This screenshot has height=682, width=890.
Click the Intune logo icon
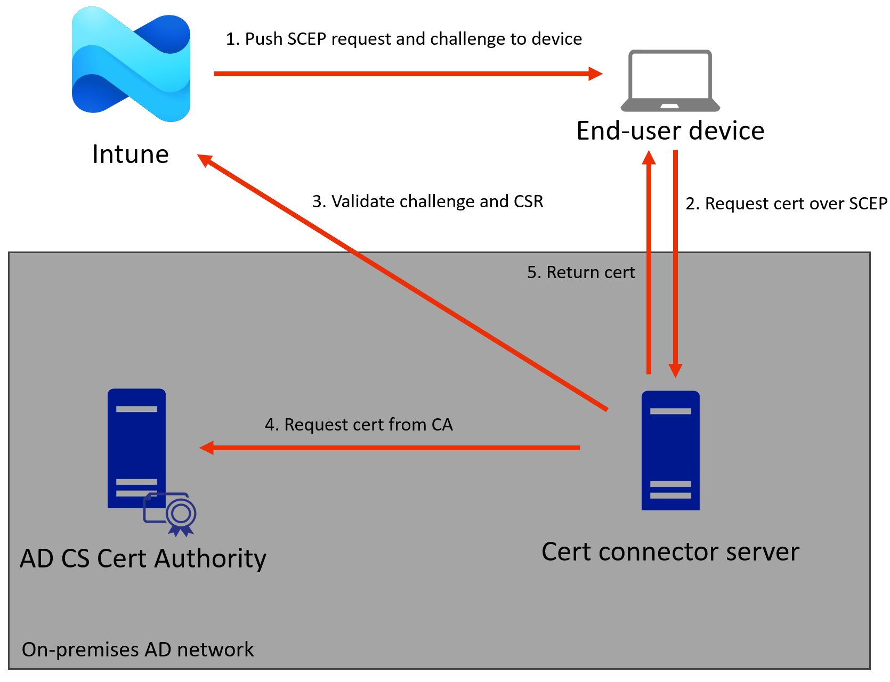131,64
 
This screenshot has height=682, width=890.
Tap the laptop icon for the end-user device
670,80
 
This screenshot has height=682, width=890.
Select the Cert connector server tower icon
670,450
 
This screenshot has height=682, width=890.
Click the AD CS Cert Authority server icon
136,448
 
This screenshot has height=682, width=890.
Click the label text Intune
131,155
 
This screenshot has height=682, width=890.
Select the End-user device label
670,131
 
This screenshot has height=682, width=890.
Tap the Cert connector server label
670,552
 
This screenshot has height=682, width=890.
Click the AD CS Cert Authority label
143,559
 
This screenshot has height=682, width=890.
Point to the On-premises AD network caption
137,649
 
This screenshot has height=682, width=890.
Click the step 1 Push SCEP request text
403,39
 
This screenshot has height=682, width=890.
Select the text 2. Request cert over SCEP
786,204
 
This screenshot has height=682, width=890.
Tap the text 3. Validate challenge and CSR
427,201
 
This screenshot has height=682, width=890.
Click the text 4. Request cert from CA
359,425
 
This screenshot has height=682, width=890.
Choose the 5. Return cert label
581,272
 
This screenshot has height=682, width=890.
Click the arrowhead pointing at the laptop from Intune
596,74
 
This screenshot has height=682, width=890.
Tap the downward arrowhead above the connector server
675,370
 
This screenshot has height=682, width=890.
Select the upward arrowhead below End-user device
649,158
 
